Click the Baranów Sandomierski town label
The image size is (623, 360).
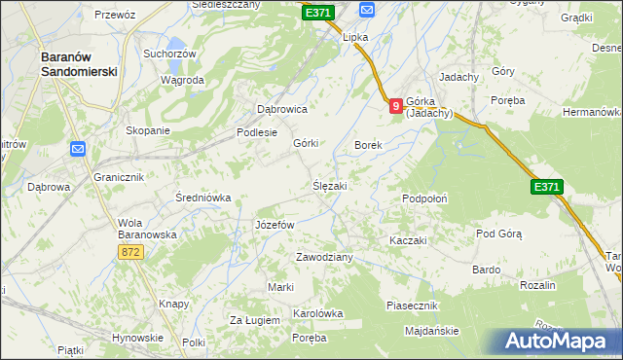[79, 64]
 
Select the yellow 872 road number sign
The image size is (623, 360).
[133, 252]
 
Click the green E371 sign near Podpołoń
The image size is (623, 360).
[546, 186]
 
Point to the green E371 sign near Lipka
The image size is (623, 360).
[317, 13]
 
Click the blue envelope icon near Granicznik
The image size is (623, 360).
[78, 149]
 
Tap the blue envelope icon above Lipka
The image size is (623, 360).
[367, 10]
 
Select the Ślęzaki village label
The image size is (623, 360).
[329, 185]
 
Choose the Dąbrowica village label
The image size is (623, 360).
[281, 110]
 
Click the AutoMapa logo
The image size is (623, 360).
[555, 341]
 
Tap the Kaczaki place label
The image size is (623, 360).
[409, 239]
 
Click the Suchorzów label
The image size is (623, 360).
[169, 54]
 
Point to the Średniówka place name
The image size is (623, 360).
[202, 198]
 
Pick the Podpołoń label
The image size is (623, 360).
[424, 198]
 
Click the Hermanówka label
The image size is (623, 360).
[592, 112]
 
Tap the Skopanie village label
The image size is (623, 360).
[148, 130]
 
